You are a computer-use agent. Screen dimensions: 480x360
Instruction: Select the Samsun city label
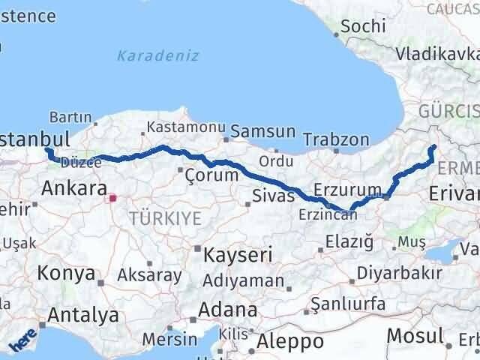(262, 131)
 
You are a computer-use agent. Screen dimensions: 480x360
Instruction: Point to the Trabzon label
(337, 139)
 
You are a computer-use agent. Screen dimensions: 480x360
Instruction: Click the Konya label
(66, 272)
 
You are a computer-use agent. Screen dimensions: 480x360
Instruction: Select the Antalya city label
(84, 315)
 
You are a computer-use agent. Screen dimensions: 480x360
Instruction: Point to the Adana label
(228, 309)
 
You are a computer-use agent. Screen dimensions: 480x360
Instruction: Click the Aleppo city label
(290, 341)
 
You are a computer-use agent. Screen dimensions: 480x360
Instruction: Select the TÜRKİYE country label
(165, 218)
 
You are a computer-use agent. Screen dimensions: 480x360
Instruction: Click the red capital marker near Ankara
(113, 199)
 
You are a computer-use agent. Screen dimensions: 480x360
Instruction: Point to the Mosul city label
(417, 335)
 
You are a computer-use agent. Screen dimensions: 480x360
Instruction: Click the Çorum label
(211, 174)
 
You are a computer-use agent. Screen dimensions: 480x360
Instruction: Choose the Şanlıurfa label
(349, 304)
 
